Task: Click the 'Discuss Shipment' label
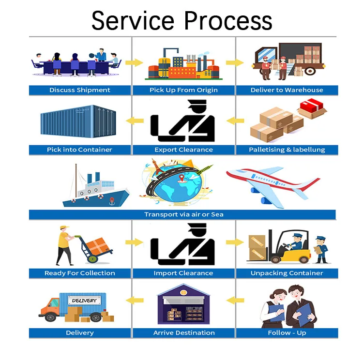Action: (x=80, y=90)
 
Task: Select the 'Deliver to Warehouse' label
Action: (x=287, y=90)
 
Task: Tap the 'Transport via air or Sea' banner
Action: (x=183, y=214)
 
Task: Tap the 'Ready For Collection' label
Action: (x=80, y=273)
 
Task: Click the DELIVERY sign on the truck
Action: (x=84, y=301)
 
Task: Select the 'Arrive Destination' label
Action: (x=184, y=333)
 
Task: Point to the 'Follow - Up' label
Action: (x=287, y=333)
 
